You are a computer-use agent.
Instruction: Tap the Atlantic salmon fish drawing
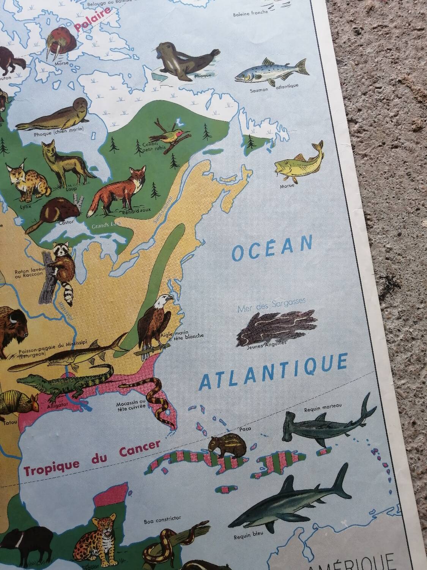(269, 72)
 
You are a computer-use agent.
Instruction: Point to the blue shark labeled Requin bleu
(288, 502)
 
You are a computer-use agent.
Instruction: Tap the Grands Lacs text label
(106, 226)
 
